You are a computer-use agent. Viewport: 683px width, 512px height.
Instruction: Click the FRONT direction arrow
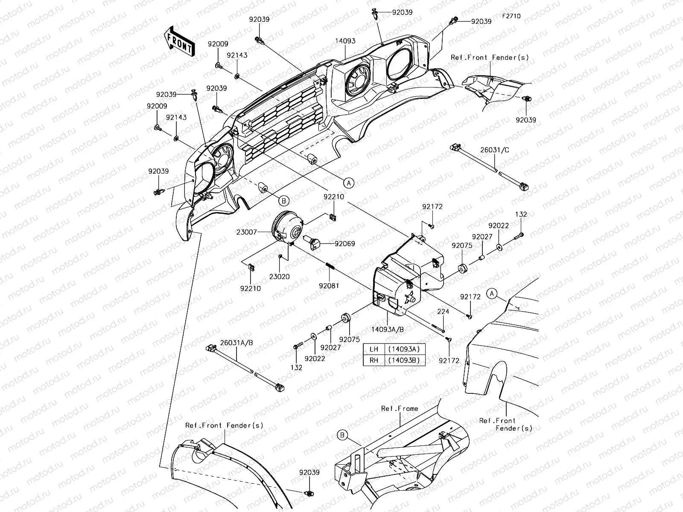click(x=179, y=42)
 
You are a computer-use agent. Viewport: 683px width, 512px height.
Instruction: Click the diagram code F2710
click(x=511, y=16)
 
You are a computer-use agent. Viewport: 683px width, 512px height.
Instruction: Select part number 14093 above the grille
click(x=345, y=41)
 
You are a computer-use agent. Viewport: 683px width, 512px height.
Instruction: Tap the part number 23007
click(x=246, y=232)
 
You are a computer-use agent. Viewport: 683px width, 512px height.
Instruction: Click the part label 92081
click(x=329, y=286)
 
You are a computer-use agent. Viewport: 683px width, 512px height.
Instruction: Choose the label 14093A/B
click(x=388, y=329)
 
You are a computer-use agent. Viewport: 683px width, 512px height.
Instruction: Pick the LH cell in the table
click(x=374, y=349)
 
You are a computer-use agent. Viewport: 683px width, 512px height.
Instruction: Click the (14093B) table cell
click(x=405, y=360)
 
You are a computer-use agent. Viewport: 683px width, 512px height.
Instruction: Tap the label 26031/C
click(x=494, y=150)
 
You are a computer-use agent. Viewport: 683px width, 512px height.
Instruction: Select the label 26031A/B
click(x=236, y=343)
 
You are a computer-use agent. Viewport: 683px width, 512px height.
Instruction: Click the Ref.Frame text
click(x=400, y=408)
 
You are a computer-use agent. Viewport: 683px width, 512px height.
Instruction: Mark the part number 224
click(x=443, y=311)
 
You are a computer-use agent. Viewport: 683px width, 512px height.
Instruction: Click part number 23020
click(x=280, y=276)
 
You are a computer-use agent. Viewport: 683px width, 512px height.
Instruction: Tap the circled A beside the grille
click(x=349, y=183)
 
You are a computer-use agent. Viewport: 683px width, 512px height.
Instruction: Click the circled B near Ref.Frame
click(x=342, y=435)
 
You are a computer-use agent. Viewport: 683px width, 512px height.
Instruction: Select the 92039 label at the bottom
click(x=309, y=472)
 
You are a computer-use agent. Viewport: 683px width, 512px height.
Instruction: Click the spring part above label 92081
click(x=330, y=267)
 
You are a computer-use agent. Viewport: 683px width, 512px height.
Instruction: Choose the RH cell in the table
click(x=374, y=360)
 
